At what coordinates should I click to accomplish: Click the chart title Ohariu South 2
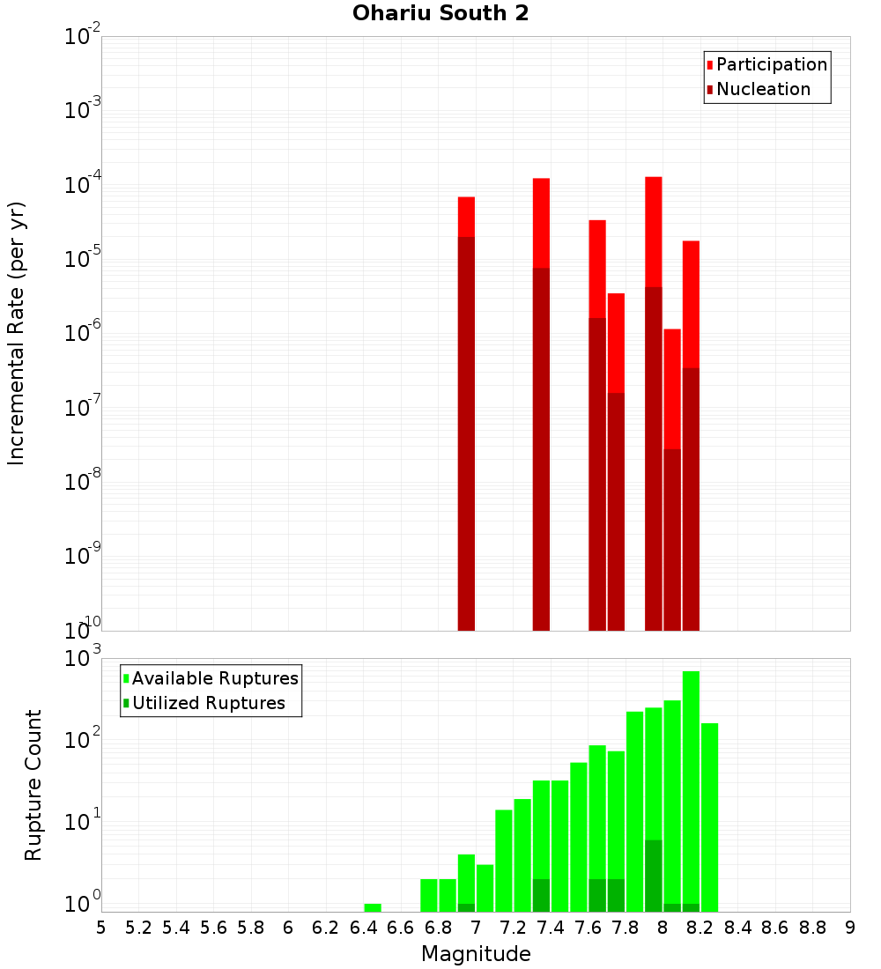coord(440,14)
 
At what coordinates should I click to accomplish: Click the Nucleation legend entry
coord(762,90)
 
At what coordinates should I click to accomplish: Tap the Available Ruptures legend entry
coord(214,679)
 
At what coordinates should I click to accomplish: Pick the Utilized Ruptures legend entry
coord(208,704)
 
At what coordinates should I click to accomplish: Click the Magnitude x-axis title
coord(476,954)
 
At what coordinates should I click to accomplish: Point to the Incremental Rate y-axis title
coord(17,333)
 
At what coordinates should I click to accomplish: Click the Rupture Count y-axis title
coord(33,784)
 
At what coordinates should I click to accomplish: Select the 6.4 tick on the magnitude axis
coord(363,928)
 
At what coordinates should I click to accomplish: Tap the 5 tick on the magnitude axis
coord(101,928)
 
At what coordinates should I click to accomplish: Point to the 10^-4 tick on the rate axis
coord(83,185)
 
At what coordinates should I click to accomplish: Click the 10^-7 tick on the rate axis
coord(83,407)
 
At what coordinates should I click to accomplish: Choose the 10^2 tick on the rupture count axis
coord(83,738)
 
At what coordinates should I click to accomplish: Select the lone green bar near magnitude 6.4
coord(373,907)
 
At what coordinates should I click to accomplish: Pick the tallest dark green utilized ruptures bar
coord(654,876)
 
